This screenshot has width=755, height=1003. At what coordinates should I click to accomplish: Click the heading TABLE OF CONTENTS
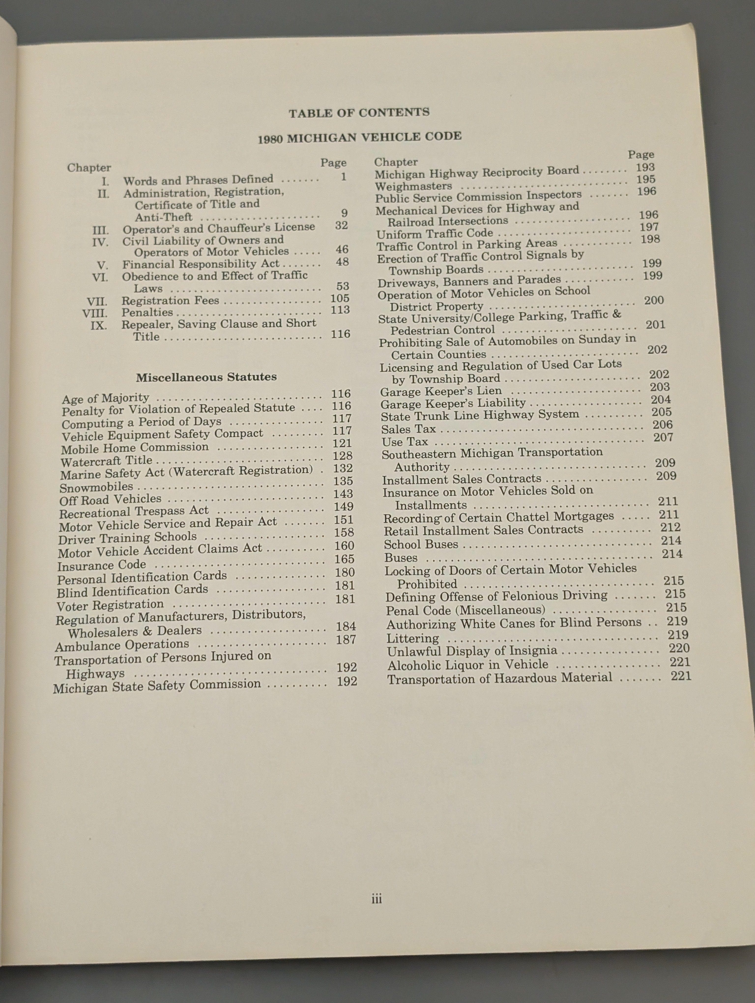[359, 112]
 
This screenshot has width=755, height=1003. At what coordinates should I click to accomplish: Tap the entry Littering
[412, 638]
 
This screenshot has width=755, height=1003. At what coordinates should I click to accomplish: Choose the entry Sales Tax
[408, 429]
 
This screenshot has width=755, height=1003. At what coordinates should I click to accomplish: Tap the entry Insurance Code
[102, 565]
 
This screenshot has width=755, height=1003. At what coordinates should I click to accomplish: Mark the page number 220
[679, 649]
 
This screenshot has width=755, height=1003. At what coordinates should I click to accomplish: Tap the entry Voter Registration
[110, 605]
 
